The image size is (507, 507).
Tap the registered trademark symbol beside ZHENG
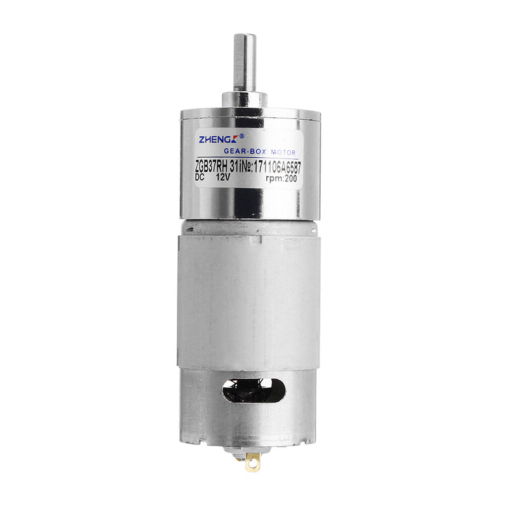[241, 135]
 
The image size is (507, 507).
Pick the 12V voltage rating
[223, 179]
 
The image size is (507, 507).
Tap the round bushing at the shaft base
[244, 100]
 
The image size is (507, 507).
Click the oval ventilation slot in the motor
[253, 389]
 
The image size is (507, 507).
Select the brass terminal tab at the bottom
[253, 461]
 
